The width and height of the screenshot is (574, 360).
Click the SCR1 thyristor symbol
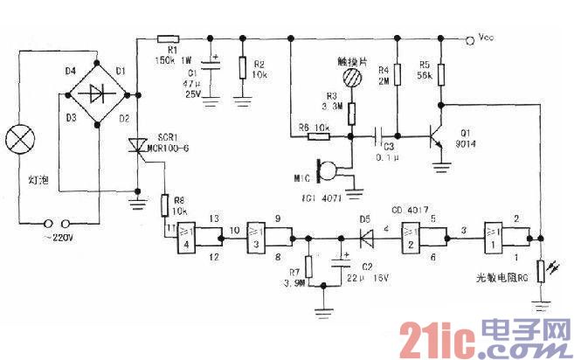coord(138,148)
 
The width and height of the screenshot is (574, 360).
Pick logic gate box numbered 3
coord(259,234)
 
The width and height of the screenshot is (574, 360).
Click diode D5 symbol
coord(364,235)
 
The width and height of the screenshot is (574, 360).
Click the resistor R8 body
coord(163,206)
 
